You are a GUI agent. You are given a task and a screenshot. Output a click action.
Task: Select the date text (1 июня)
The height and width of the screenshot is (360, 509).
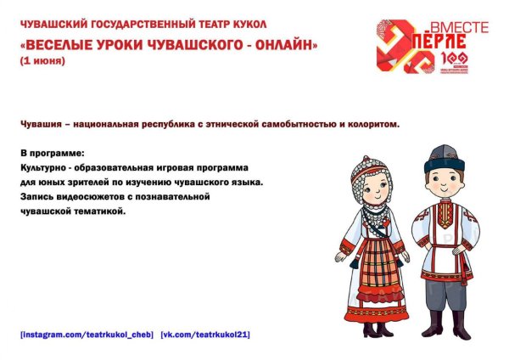(x=42, y=61)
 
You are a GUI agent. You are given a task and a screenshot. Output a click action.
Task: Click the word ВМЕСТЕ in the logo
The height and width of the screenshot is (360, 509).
(x=459, y=28)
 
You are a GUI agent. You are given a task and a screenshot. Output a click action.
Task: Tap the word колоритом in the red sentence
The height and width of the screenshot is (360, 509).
(x=371, y=124)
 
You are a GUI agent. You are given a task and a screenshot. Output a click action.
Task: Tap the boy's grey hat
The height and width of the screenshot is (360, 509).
(x=440, y=158)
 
